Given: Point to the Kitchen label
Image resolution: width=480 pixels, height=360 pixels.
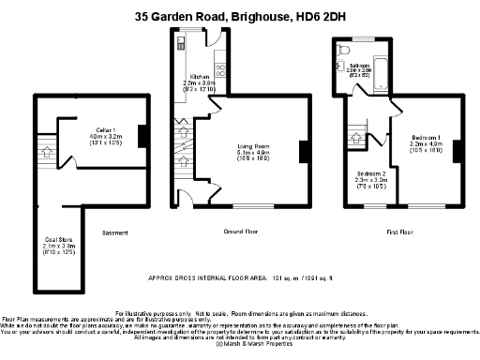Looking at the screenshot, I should coord(200,77).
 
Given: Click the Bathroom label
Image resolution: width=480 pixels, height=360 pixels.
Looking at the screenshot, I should coord(360,66).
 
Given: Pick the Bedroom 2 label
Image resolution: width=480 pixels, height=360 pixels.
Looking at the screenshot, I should coord(371,174).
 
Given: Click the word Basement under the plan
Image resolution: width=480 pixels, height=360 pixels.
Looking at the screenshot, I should coord(114,232).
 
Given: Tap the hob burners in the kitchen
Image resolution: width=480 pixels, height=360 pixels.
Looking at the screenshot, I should coord(220,67).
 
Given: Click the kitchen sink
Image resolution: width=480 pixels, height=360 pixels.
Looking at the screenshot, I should coord(177,44).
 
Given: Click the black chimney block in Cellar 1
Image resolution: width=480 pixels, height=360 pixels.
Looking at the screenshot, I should coord(141,137).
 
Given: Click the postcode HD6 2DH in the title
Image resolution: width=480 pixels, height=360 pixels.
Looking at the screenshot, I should coord(318,16).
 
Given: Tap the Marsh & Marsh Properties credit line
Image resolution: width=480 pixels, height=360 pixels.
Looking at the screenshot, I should coord(240,345).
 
